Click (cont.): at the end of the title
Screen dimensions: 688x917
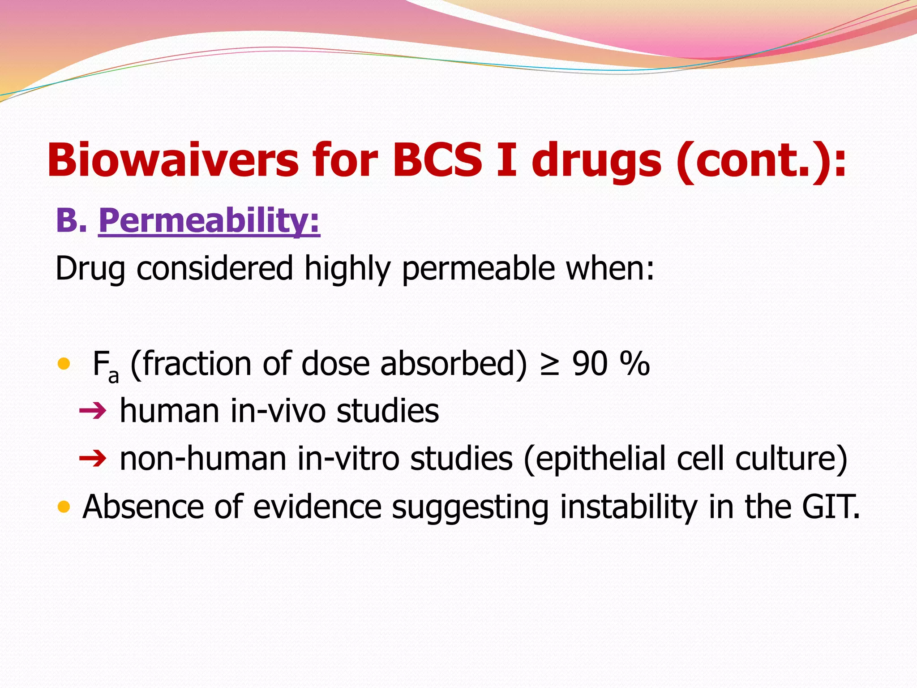click(x=761, y=160)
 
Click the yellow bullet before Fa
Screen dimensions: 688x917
click(x=64, y=363)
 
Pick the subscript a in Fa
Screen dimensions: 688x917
click(x=113, y=376)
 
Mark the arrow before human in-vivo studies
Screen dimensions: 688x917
click(x=93, y=410)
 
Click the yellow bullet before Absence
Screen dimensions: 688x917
click(x=64, y=507)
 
